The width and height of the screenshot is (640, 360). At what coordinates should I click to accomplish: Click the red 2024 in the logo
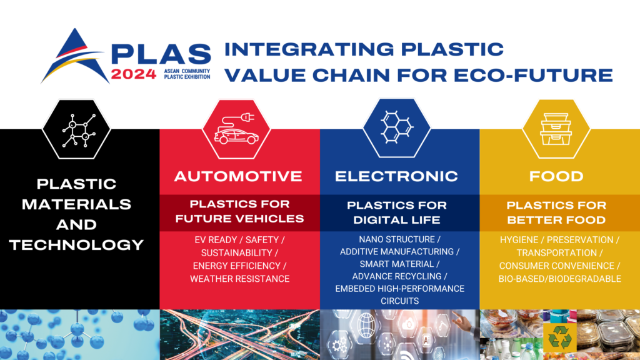(x=134, y=74)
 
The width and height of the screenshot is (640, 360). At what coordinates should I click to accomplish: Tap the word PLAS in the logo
(x=161, y=54)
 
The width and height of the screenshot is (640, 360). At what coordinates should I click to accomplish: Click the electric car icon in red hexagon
(x=236, y=129)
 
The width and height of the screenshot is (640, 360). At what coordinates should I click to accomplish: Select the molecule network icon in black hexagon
(x=78, y=130)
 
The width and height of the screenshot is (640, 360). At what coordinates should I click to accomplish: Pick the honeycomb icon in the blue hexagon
(x=396, y=127)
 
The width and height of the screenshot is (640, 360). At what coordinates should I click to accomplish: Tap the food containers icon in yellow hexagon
(x=556, y=129)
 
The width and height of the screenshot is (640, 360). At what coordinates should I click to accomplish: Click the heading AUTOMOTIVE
(x=238, y=176)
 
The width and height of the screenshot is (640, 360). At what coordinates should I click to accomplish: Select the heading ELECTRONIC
(x=396, y=176)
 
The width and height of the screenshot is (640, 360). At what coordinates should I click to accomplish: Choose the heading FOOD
(x=556, y=176)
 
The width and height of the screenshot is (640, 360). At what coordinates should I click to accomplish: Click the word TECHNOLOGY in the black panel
(x=77, y=245)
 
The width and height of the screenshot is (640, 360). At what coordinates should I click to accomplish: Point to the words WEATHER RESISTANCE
(x=239, y=279)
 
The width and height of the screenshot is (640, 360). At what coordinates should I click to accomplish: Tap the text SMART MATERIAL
(x=396, y=264)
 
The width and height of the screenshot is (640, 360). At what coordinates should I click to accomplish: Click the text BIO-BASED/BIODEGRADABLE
(x=559, y=279)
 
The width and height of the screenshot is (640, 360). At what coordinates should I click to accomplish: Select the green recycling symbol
(x=560, y=337)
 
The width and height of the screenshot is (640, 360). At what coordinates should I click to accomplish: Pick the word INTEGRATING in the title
(x=309, y=49)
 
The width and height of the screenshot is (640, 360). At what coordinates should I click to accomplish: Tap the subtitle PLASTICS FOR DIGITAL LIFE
(x=397, y=212)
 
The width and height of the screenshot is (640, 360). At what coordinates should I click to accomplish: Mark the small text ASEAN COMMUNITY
(x=187, y=71)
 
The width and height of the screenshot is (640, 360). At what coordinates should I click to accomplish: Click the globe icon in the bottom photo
(x=366, y=325)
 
